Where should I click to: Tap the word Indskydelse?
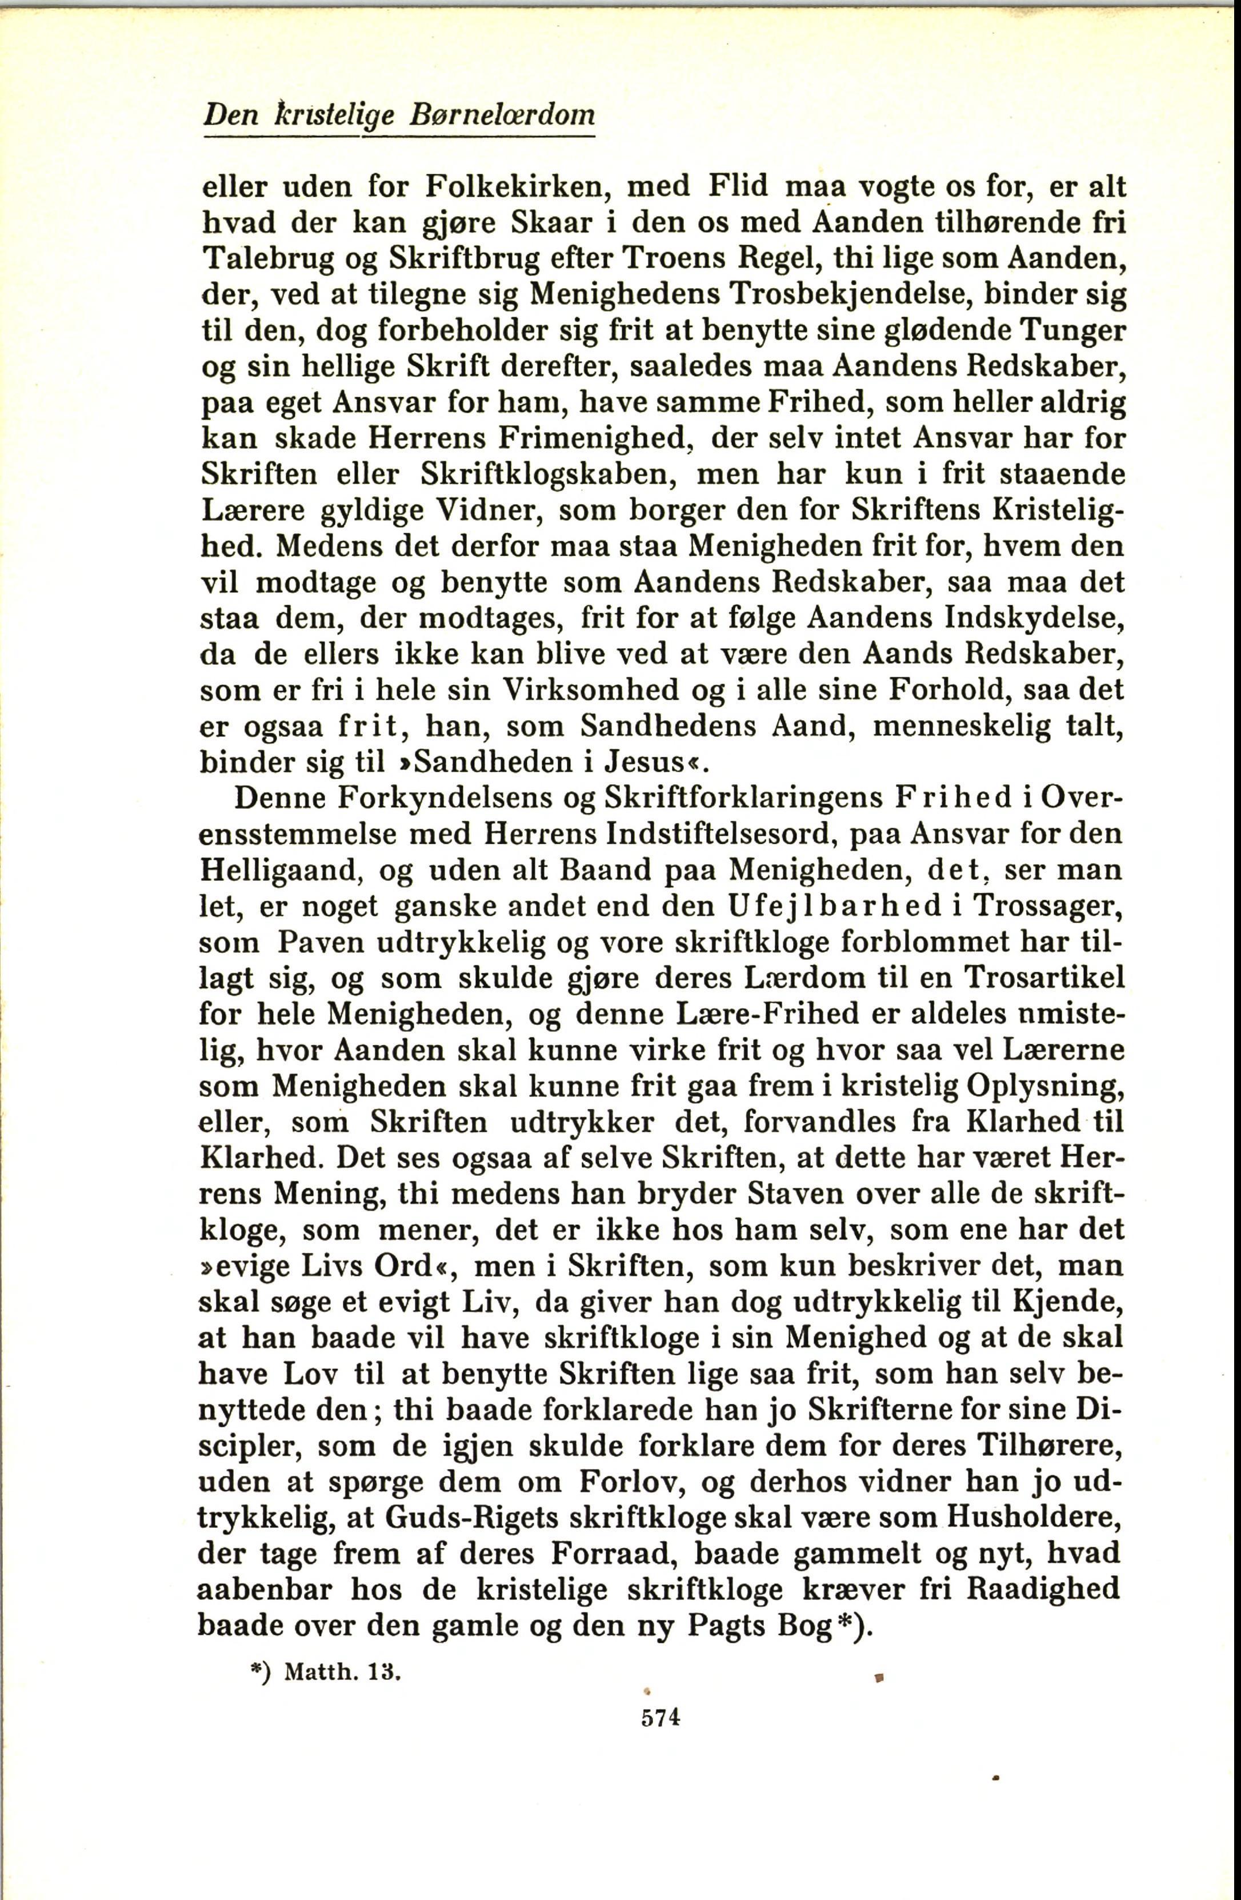pyautogui.click(x=1034, y=618)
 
